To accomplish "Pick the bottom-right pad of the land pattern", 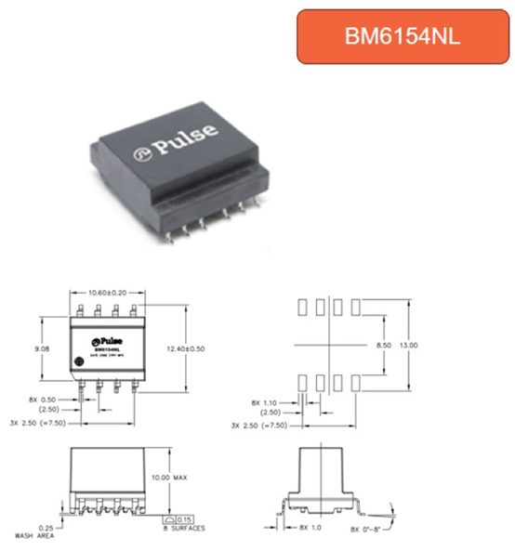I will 357,381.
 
